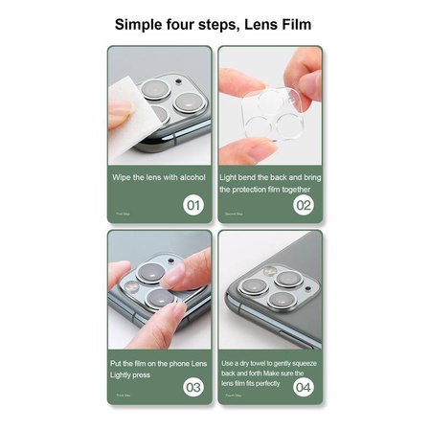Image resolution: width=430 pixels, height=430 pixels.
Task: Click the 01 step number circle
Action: click(192, 204)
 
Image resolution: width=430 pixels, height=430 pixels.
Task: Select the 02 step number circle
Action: click(303, 204)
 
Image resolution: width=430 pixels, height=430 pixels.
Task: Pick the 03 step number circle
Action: click(192, 388)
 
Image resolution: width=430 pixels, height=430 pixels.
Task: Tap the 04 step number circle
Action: click(303, 388)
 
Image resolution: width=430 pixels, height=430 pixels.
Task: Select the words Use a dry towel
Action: click(245, 363)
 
